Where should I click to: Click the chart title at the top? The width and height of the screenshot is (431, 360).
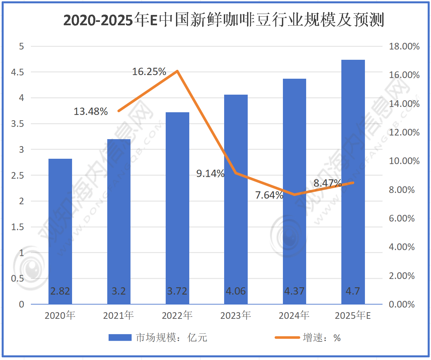(223, 20)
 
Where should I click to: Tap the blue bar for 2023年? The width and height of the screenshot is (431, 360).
(236, 199)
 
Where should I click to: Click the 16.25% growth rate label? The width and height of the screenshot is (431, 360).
(149, 72)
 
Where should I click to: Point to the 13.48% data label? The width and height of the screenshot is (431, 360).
(91, 112)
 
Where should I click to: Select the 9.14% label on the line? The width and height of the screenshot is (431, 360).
(210, 173)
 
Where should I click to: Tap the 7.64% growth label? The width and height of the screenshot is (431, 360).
(269, 195)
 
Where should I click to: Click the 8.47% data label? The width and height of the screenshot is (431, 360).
(327, 183)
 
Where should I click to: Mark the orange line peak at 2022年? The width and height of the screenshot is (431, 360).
(177, 71)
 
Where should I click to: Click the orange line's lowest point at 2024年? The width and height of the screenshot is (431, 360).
(295, 195)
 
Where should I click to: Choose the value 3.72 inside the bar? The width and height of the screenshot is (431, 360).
(177, 291)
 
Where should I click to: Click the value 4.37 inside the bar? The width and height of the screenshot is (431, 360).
(294, 291)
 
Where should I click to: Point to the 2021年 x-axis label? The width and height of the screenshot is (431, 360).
(119, 315)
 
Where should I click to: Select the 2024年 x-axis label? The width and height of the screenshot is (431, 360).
(294, 315)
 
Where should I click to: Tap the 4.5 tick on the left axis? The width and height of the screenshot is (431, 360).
(18, 72)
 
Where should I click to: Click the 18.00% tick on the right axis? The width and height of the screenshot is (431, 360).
(404, 46)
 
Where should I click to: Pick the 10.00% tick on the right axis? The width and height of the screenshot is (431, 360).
(404, 161)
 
